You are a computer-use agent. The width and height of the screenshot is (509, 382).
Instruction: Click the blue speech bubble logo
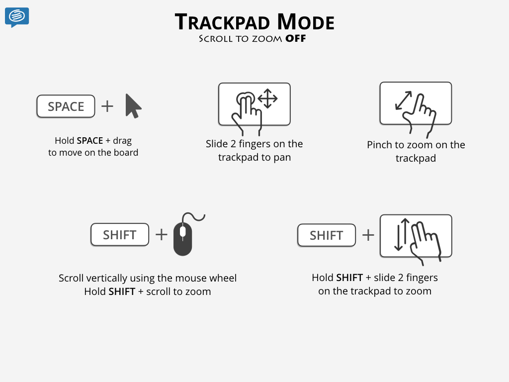point(17,17)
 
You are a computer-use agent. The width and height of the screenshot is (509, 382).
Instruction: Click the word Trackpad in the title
point(222,22)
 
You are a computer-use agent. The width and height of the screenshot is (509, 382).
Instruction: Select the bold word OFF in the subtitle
point(295,39)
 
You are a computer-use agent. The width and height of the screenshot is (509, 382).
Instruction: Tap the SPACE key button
point(66,106)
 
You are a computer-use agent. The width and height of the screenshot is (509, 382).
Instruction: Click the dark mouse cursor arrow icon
point(133,106)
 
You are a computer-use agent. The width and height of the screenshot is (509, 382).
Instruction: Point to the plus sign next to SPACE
point(107,106)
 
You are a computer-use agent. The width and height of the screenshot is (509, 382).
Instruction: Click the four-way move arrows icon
point(267,98)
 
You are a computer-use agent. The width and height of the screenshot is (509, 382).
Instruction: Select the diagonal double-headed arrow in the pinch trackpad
point(404,100)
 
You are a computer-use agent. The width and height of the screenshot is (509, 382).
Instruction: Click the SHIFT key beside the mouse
point(120,235)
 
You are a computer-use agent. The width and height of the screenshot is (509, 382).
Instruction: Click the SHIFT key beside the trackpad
point(327,235)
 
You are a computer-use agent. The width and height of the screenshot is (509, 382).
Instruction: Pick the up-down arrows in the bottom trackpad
point(402,235)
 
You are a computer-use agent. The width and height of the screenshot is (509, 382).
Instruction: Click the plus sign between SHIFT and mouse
point(162,235)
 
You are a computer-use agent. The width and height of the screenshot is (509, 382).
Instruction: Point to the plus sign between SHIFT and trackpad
point(368,235)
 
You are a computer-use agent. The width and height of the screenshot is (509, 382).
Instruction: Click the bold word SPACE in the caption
point(90,141)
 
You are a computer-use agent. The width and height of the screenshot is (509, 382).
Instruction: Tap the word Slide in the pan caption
point(217,144)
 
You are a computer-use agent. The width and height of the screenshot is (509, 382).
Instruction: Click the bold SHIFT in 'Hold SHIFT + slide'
point(349,278)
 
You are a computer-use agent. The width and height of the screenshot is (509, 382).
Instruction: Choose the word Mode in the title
point(306,22)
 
